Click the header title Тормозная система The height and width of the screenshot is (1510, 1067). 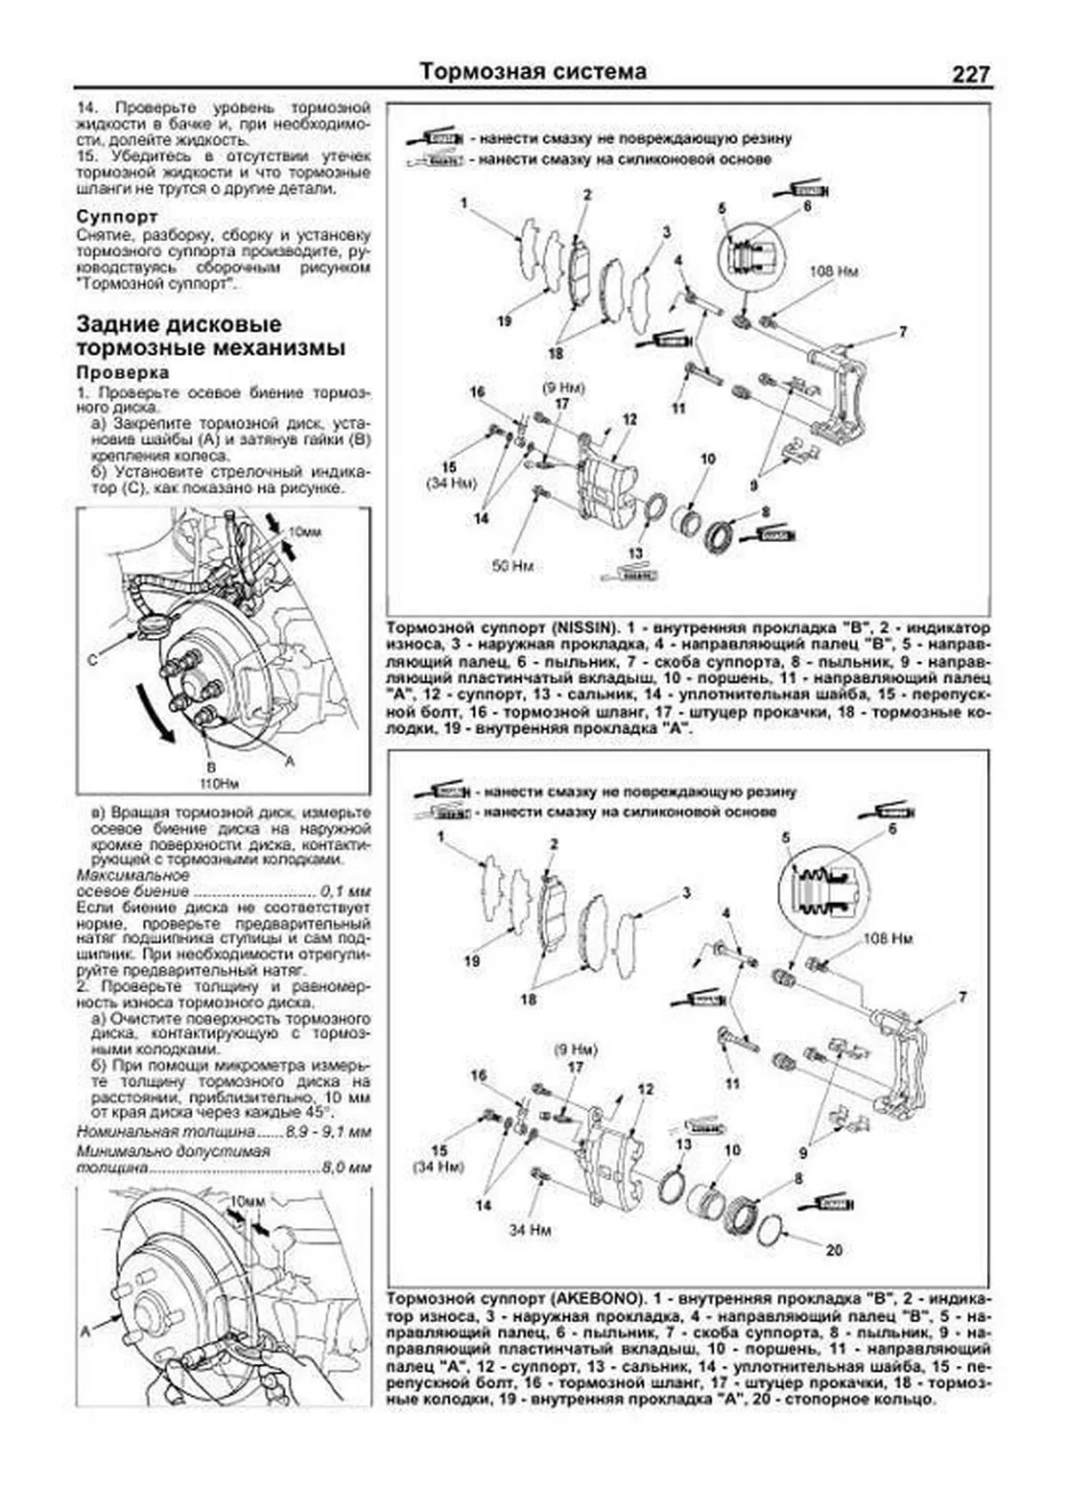click(533, 71)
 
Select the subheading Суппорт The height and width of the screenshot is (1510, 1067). click(116, 216)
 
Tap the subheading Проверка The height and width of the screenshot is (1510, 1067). click(122, 372)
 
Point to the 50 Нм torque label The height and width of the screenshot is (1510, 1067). click(513, 566)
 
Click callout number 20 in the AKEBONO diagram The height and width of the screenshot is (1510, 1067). click(833, 1250)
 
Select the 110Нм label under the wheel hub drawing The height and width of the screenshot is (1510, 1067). click(212, 783)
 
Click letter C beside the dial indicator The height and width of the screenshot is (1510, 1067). click(92, 660)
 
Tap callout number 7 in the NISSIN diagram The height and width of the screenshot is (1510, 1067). click(903, 332)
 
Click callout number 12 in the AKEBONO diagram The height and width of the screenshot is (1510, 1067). click(646, 1089)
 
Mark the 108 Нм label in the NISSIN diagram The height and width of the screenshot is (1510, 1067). click(833, 271)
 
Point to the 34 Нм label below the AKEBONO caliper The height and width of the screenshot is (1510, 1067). click(531, 1230)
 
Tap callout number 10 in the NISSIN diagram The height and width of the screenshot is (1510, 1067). click(708, 459)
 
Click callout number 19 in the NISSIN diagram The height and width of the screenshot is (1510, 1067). click(504, 321)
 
